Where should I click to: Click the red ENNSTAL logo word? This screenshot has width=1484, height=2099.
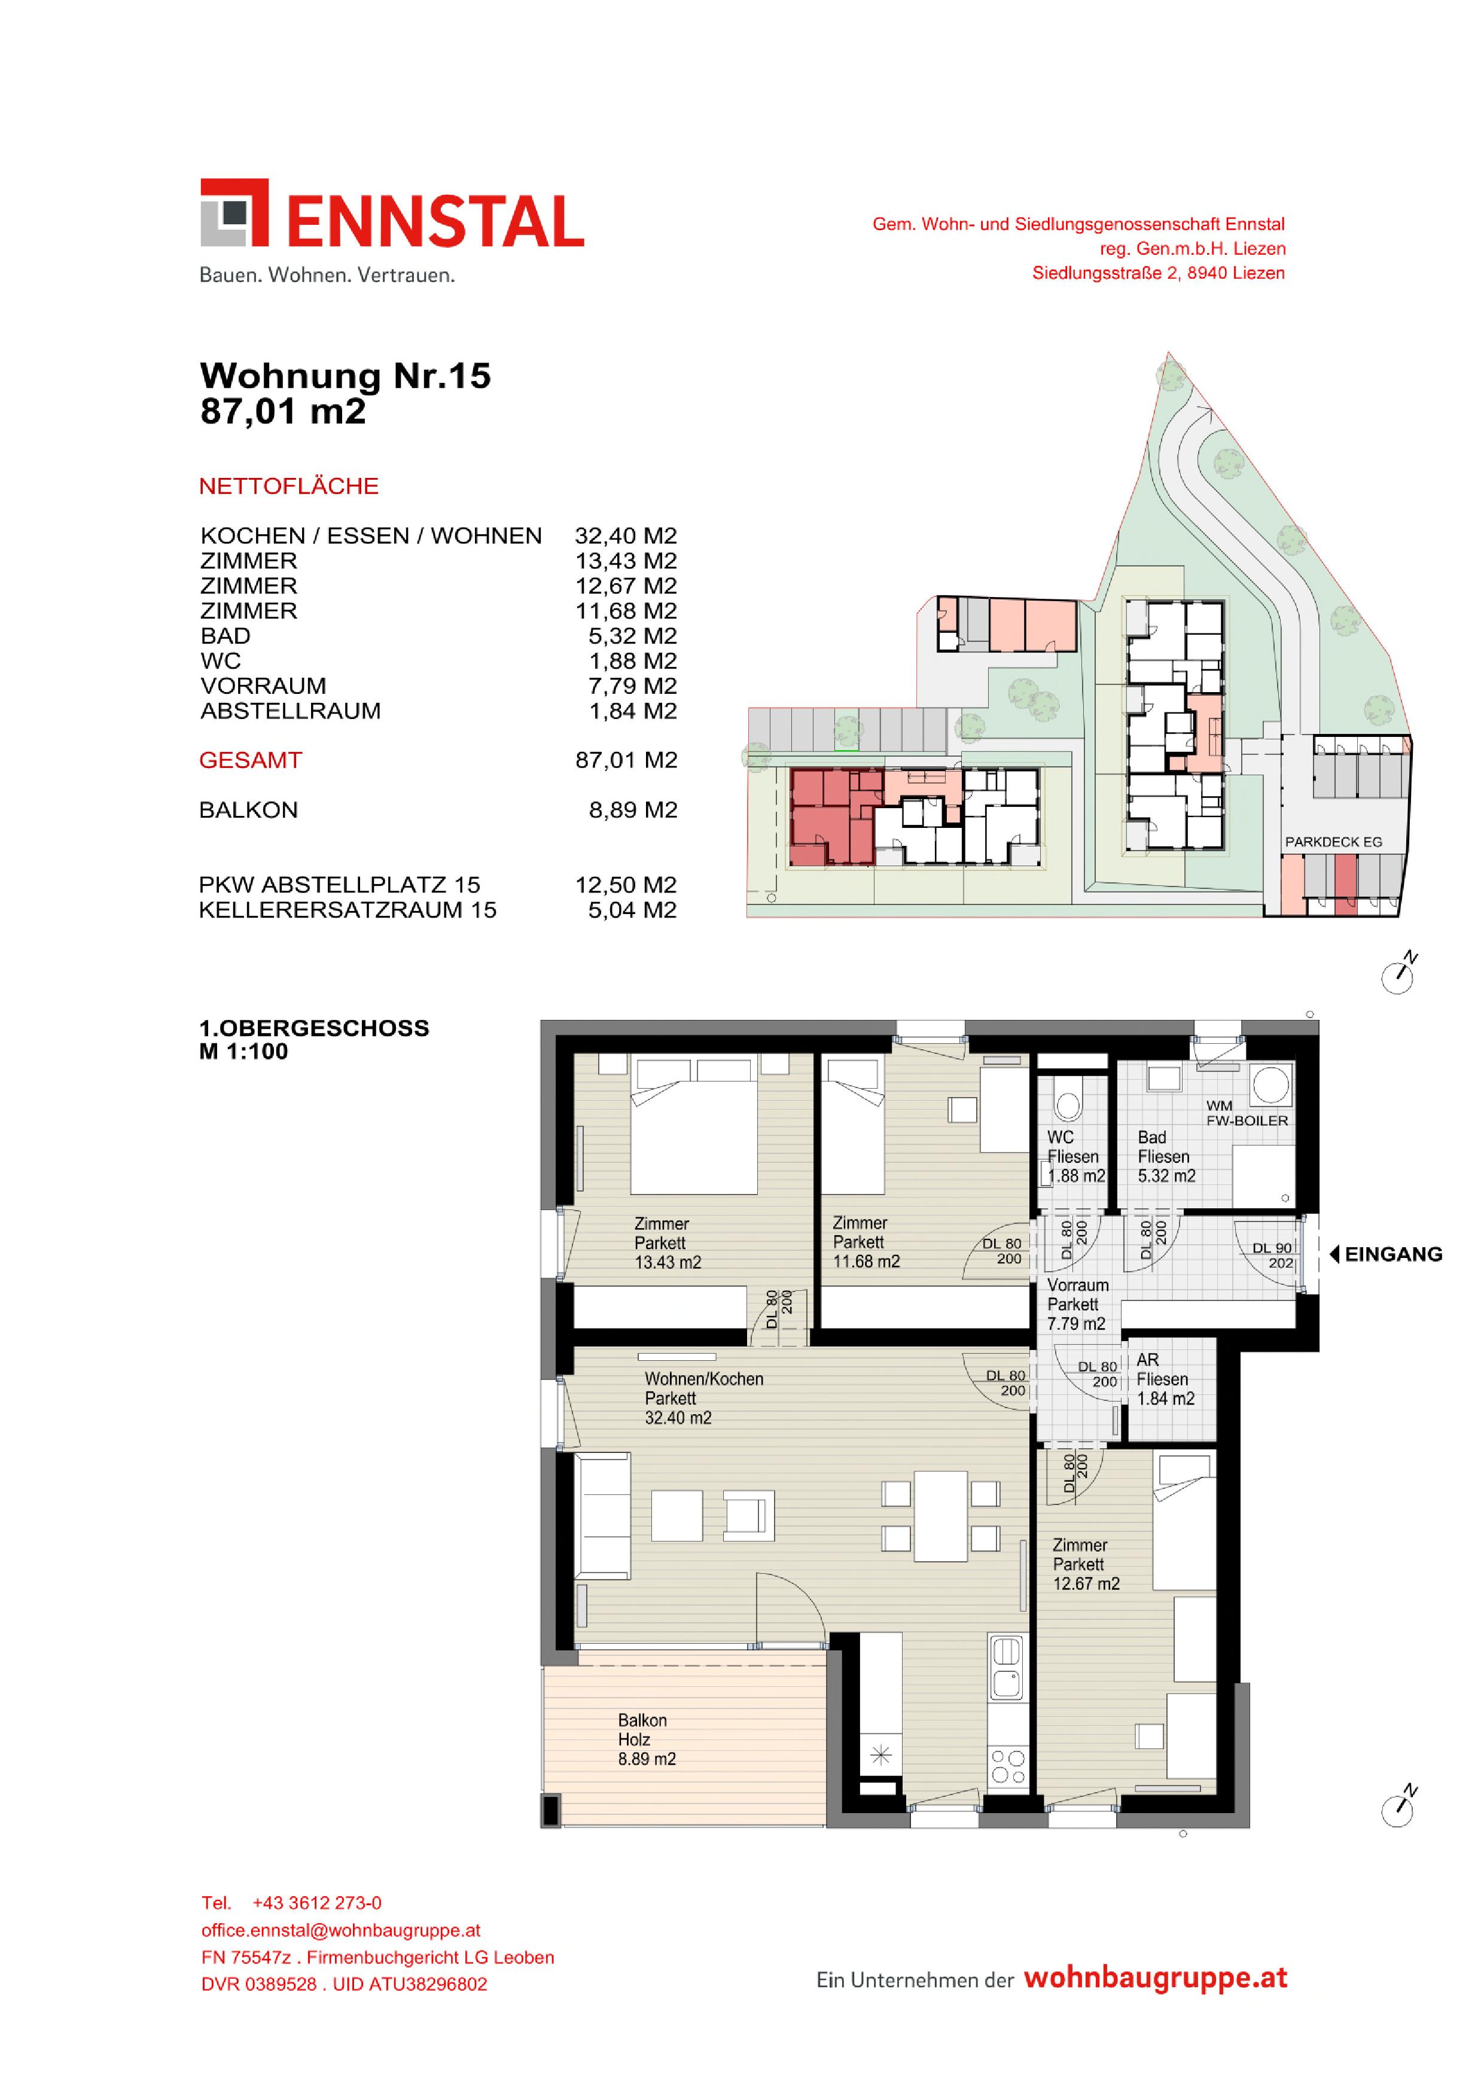435,222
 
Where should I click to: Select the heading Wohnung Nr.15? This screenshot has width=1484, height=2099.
346,376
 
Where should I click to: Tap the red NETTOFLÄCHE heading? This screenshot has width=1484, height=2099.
289,486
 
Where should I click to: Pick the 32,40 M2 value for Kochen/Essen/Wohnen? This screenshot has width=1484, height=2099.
626,536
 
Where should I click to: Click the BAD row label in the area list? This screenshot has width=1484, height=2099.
225,636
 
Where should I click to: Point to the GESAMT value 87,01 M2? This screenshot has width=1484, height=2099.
626,761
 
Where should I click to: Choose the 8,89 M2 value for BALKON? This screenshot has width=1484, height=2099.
633,810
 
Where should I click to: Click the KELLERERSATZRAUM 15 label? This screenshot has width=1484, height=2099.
348,910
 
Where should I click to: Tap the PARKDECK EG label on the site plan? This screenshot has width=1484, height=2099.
1333,842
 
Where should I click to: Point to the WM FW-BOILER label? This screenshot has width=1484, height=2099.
1247,1113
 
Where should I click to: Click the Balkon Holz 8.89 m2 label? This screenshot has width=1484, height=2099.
647,1739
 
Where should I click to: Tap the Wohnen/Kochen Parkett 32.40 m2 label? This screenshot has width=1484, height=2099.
703,1398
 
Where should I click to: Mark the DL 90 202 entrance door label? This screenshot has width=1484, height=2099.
1273,1255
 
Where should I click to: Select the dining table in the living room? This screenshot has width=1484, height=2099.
941,1516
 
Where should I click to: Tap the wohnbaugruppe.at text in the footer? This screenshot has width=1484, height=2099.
1156,1978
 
